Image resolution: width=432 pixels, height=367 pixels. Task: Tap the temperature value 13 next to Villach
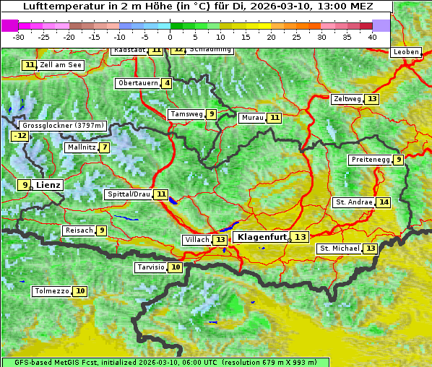pos(220,240)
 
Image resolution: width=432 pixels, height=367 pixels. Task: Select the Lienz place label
pos(48,185)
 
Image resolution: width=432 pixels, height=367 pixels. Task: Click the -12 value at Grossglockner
pos(20,136)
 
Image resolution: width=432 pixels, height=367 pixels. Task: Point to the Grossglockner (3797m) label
pos(64,125)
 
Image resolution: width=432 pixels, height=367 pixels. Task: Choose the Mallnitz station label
pos(80,147)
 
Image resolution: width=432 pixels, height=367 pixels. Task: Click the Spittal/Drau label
pos(128,194)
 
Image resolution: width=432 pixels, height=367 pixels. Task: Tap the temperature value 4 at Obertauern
pos(167,83)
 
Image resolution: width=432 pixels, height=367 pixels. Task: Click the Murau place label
pos(252,118)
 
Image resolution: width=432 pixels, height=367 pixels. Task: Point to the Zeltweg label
pos(347,99)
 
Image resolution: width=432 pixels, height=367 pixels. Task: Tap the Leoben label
pos(405,53)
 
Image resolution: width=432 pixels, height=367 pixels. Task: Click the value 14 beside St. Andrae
pos(383,202)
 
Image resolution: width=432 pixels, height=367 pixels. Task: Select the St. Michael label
pos(340,249)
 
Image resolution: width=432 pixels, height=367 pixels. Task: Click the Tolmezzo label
pos(51,291)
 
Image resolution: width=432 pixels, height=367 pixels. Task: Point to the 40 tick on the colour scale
pos(372,37)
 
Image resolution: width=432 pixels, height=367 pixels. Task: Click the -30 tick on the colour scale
pos(19,37)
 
